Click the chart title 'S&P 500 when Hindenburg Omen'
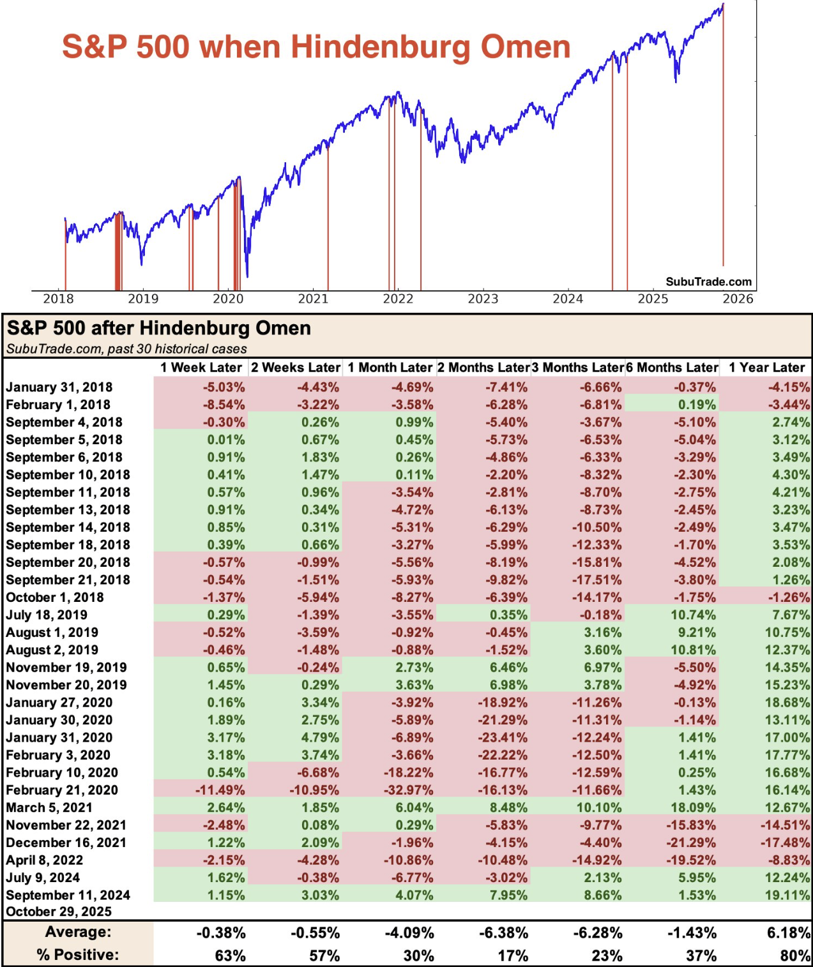[316, 47]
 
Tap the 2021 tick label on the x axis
[313, 299]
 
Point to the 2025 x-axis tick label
[653, 299]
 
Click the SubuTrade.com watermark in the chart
[708, 281]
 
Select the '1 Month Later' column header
[390, 368]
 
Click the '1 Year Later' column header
[766, 368]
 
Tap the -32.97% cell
[409, 790]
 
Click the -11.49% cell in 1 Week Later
[220, 790]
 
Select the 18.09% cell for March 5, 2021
[697, 807]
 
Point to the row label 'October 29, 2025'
[59, 911]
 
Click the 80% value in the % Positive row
[795, 956]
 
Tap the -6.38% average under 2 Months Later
[504, 933]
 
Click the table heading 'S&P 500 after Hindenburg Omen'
[159, 328]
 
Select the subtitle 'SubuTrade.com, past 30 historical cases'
[126, 349]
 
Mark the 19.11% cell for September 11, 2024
[787, 895]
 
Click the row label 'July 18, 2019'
[47, 615]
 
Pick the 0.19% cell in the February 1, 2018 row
[697, 405]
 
